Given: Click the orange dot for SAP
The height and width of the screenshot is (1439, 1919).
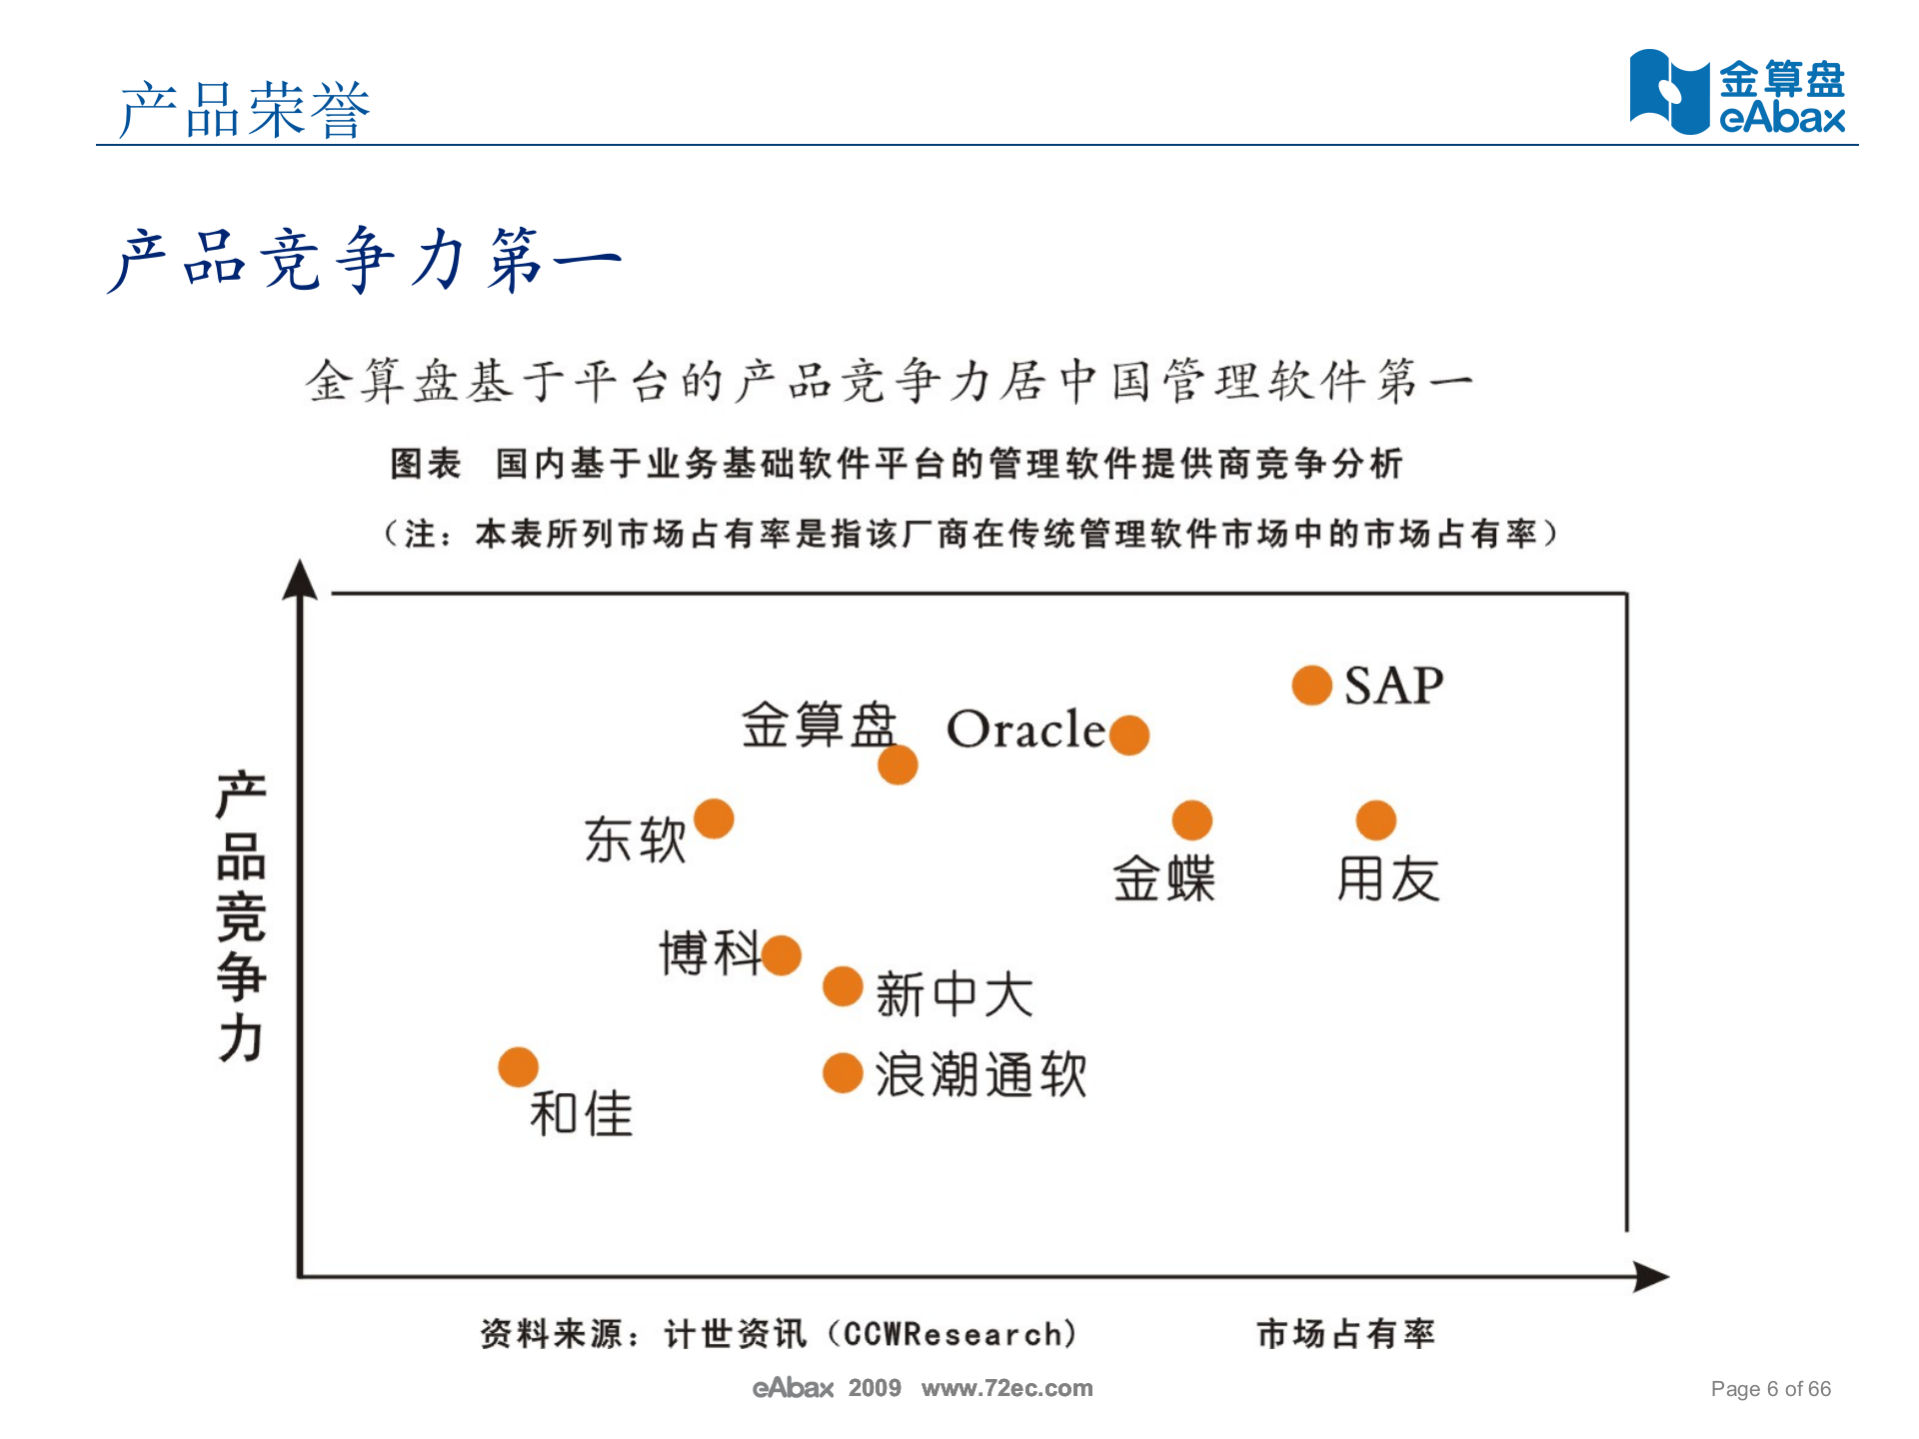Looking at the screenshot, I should point(1311,686).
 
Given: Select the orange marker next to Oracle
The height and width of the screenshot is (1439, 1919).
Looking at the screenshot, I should point(1129,735).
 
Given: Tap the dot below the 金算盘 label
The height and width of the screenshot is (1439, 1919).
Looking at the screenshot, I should point(898,764).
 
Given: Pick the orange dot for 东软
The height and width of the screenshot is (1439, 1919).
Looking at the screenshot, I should point(714,818).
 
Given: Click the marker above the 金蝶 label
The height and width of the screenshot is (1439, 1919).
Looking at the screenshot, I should point(1191,820).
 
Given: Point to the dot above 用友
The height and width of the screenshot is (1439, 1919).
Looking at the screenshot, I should point(1375,820).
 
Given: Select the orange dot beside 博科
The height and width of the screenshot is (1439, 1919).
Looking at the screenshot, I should point(782,954).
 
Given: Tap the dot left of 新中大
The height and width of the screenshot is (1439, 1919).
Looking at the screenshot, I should point(843,986).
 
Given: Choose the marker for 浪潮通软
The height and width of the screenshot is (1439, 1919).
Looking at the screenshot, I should point(843,1073).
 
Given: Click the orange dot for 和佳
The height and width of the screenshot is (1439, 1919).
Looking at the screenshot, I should point(518,1067).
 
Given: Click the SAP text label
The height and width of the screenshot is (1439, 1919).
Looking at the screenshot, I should point(1393,687).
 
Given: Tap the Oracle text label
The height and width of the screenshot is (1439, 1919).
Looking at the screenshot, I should point(1025,729).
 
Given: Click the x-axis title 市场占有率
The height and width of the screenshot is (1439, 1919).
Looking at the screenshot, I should point(1345,1333).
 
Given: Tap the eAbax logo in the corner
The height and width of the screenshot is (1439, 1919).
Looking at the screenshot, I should point(1737,92).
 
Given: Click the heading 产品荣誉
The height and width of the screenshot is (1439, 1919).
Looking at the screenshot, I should point(245,109).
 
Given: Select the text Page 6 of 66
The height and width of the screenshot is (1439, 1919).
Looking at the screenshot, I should point(1770,1388).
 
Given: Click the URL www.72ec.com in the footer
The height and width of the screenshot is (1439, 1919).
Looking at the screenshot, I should point(1006,1388).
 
